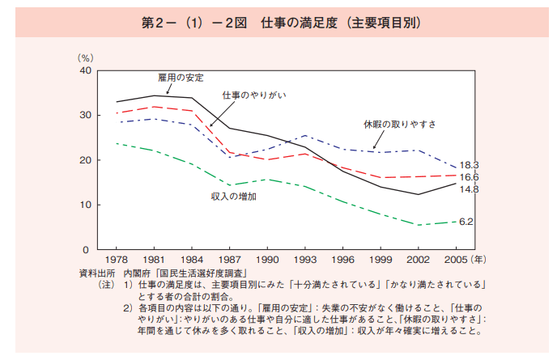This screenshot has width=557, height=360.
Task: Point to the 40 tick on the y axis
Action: click(85, 71)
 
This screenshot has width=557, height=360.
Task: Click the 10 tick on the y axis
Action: click(85, 205)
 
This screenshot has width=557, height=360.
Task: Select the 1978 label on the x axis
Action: click(117, 260)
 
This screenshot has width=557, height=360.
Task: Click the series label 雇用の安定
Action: click(179, 78)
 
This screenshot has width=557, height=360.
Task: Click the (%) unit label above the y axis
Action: click(86, 58)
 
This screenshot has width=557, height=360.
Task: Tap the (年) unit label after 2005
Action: click(479, 260)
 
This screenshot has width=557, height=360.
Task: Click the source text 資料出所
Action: click(96, 273)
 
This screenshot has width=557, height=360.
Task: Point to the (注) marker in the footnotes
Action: click(107, 286)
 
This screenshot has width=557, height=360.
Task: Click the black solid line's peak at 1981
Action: click(154, 95)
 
